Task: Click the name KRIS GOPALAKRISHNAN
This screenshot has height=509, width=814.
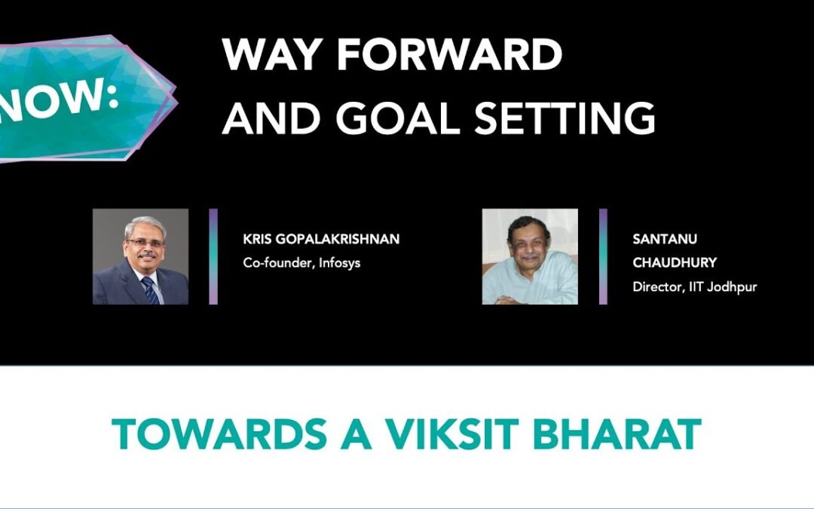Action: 321,240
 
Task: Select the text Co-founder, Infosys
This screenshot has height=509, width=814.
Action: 301,263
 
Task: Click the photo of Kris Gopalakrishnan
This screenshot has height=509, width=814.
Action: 140,256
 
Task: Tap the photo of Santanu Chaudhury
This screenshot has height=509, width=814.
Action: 530,256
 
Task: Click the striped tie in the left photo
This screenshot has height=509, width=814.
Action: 151,290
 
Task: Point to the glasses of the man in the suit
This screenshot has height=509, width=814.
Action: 144,243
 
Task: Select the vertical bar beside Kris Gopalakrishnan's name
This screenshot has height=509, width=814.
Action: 213,256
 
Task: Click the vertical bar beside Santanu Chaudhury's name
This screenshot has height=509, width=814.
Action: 603,256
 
